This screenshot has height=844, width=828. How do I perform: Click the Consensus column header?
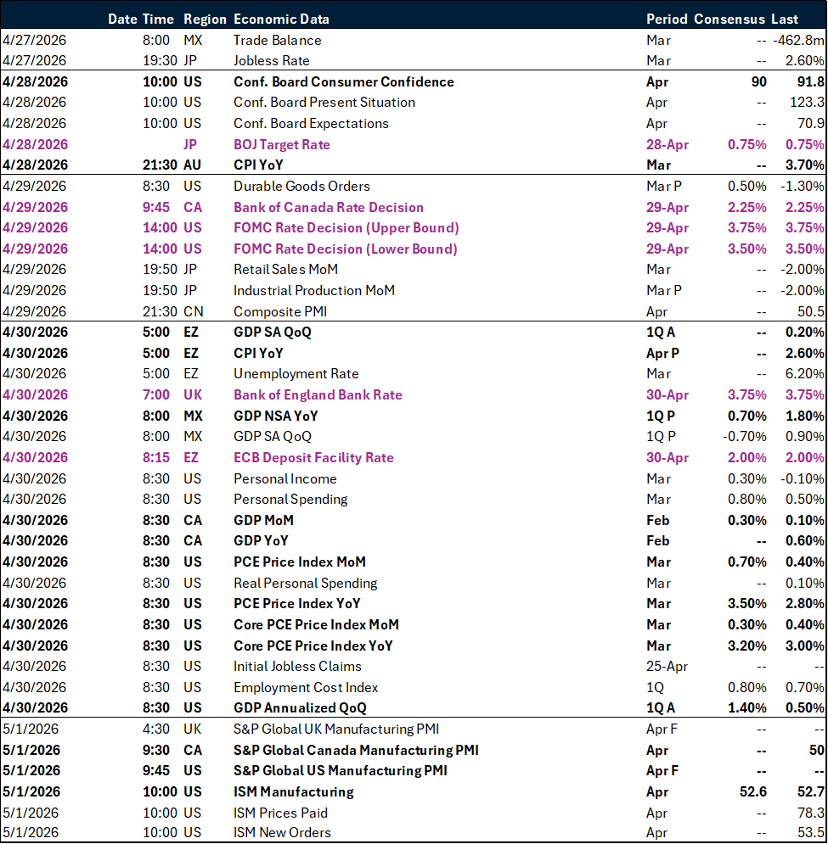(730, 19)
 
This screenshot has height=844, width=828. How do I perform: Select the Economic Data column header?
(281, 19)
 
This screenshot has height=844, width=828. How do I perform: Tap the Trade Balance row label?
(277, 40)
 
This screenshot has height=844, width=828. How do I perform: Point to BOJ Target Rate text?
(282, 144)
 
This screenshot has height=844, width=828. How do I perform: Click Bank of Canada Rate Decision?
(329, 207)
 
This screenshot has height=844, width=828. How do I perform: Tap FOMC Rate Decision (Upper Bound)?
(346, 227)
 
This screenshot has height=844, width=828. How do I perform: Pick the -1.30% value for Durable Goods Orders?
(802, 186)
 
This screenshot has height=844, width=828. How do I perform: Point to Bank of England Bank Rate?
(318, 394)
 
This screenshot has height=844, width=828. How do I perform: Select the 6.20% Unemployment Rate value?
(804, 373)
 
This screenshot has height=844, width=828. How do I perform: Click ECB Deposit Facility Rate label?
(313, 457)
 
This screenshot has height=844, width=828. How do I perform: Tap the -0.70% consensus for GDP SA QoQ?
(745, 436)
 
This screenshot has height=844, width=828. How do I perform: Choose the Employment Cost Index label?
(306, 687)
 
